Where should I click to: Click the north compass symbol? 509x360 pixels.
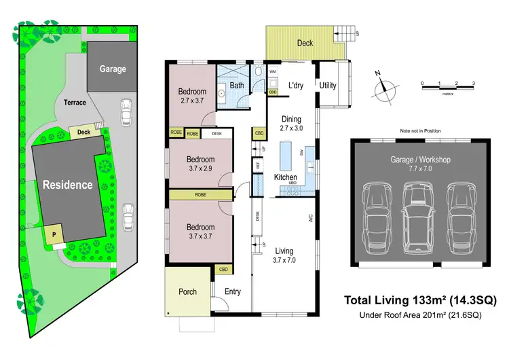[386, 86]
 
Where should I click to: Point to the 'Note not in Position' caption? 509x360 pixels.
[420, 130]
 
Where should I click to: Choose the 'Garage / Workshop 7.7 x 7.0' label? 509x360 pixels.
[420, 164]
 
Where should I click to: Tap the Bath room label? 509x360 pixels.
[237, 86]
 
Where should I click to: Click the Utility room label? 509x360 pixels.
[328, 86]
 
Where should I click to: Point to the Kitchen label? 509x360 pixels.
[286, 177]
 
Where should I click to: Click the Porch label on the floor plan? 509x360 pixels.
[187, 291]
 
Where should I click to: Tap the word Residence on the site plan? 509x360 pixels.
[69, 184]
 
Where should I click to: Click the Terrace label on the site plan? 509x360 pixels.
[75, 103]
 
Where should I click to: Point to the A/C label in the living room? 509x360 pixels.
[310, 218]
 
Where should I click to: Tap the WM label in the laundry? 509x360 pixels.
[272, 71]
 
